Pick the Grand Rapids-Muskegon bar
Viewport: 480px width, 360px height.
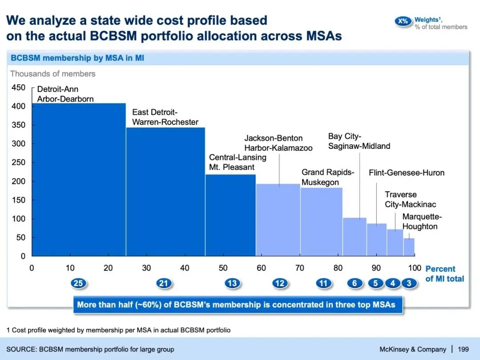click(321, 222)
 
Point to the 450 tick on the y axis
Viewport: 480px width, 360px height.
click(18, 88)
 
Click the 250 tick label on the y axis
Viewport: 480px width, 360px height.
click(18, 163)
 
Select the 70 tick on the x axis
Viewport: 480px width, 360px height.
click(300, 268)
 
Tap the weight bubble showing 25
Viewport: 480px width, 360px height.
click(79, 283)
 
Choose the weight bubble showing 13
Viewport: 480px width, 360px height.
click(232, 283)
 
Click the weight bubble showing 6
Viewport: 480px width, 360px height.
click(355, 283)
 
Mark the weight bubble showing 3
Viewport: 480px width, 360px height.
click(409, 283)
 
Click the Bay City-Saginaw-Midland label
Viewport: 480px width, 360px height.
click(359, 141)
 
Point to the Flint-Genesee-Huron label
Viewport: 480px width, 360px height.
click(406, 173)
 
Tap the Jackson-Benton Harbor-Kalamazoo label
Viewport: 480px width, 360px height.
click(278, 143)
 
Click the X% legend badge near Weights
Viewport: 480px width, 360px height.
click(403, 21)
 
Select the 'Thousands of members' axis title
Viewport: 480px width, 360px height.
click(53, 74)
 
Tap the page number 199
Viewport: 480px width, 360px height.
click(463, 349)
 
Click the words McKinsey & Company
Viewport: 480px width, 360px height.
click(412, 349)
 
